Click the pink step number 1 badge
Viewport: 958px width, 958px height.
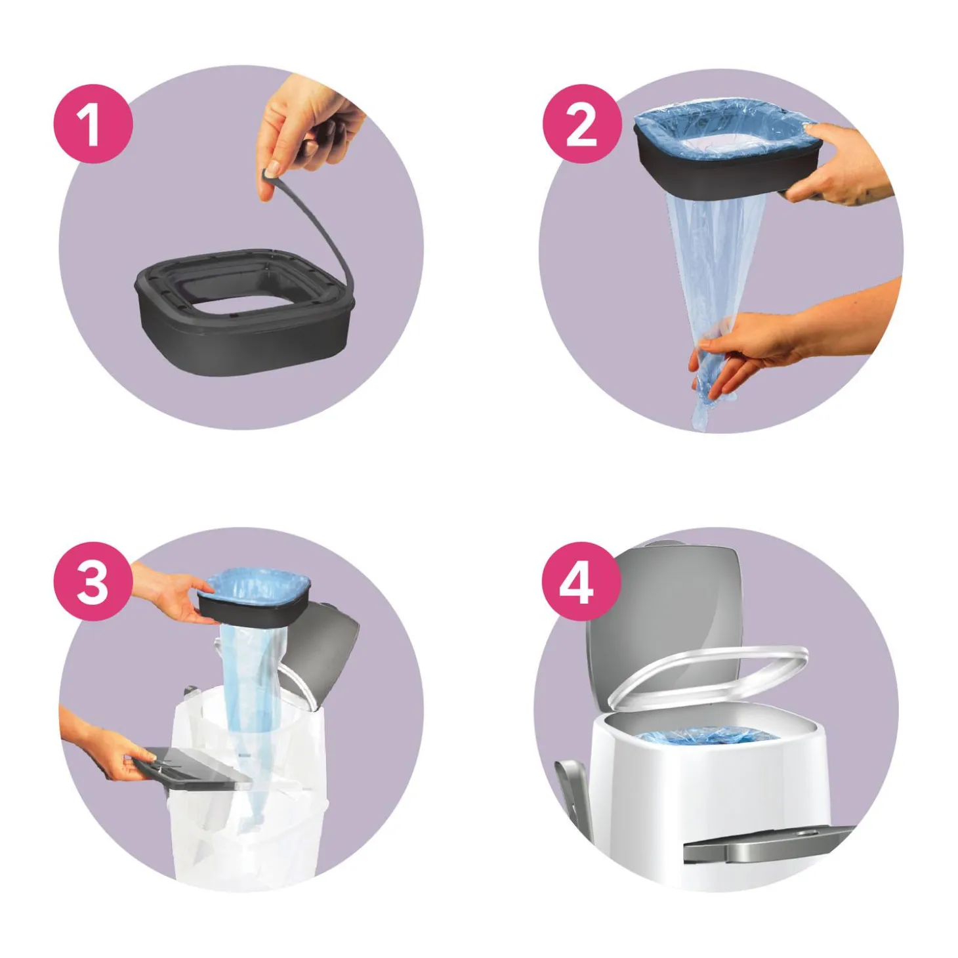(x=93, y=124)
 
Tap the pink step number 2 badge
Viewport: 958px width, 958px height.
(x=581, y=124)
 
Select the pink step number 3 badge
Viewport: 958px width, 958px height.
(x=93, y=581)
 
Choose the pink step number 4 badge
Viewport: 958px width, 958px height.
(x=581, y=581)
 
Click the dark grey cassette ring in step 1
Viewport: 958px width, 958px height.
(x=243, y=338)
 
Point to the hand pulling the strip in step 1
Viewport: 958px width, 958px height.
(x=308, y=129)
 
